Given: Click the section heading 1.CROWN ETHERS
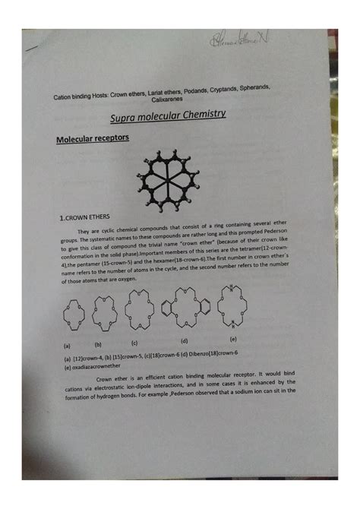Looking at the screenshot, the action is point(89,219).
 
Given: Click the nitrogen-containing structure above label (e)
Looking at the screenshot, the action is point(232,308).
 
